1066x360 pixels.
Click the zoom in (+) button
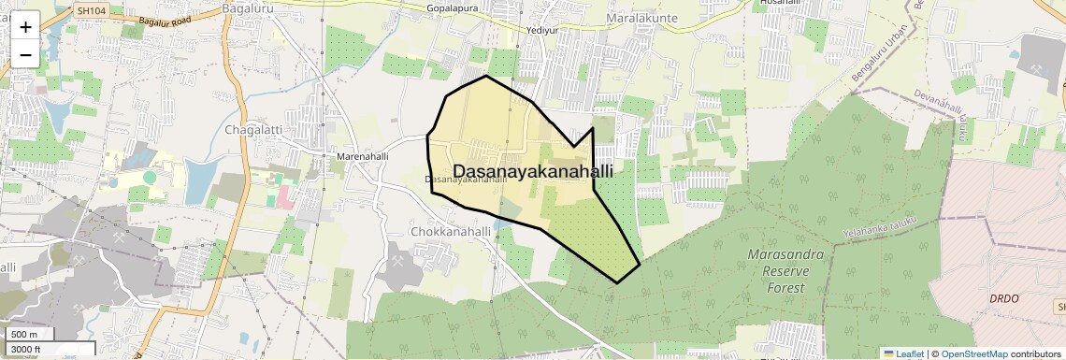25,27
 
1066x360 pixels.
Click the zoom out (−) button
25,55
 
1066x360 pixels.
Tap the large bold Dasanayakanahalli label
533,171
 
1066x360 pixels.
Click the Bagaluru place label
247,8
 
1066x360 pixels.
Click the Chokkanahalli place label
451,231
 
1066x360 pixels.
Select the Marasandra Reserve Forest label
785,271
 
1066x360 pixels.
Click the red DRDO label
1003,298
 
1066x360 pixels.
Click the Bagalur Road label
165,19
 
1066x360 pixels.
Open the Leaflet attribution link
903,353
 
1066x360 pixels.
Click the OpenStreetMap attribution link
973,353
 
